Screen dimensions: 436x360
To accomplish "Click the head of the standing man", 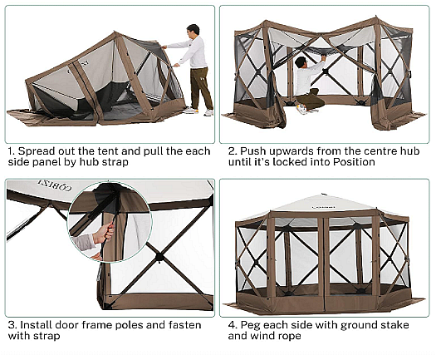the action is (194, 30).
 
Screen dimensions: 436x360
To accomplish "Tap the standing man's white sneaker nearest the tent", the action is (190, 111).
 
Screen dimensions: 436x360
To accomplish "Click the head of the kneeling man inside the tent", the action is (301, 62).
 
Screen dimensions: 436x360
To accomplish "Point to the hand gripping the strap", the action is (104, 233).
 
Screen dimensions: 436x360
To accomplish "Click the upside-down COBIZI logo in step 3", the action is (55, 185).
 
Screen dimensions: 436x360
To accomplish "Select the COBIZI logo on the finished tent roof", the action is (323, 207).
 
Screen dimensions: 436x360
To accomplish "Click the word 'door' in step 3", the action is (66, 325).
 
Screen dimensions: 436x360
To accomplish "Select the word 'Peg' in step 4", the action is (250, 325).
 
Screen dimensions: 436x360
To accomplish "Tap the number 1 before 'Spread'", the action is (11, 151).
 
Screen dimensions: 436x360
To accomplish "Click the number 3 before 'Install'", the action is (12, 325).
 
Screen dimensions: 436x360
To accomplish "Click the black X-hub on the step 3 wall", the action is (159, 256).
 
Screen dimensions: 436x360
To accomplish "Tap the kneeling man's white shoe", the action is (301, 109).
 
